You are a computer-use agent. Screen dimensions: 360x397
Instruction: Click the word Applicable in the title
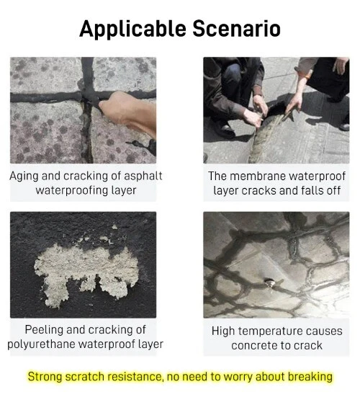(132, 29)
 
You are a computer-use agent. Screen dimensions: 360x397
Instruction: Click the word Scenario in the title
(237, 28)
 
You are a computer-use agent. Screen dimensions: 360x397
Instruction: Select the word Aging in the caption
(24, 177)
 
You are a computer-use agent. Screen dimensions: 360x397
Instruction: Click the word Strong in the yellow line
(45, 377)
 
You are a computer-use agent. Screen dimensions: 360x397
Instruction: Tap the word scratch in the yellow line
(84, 377)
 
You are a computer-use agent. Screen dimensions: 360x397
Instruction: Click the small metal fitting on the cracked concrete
(269, 282)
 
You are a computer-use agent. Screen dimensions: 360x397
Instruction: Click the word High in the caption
(223, 331)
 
